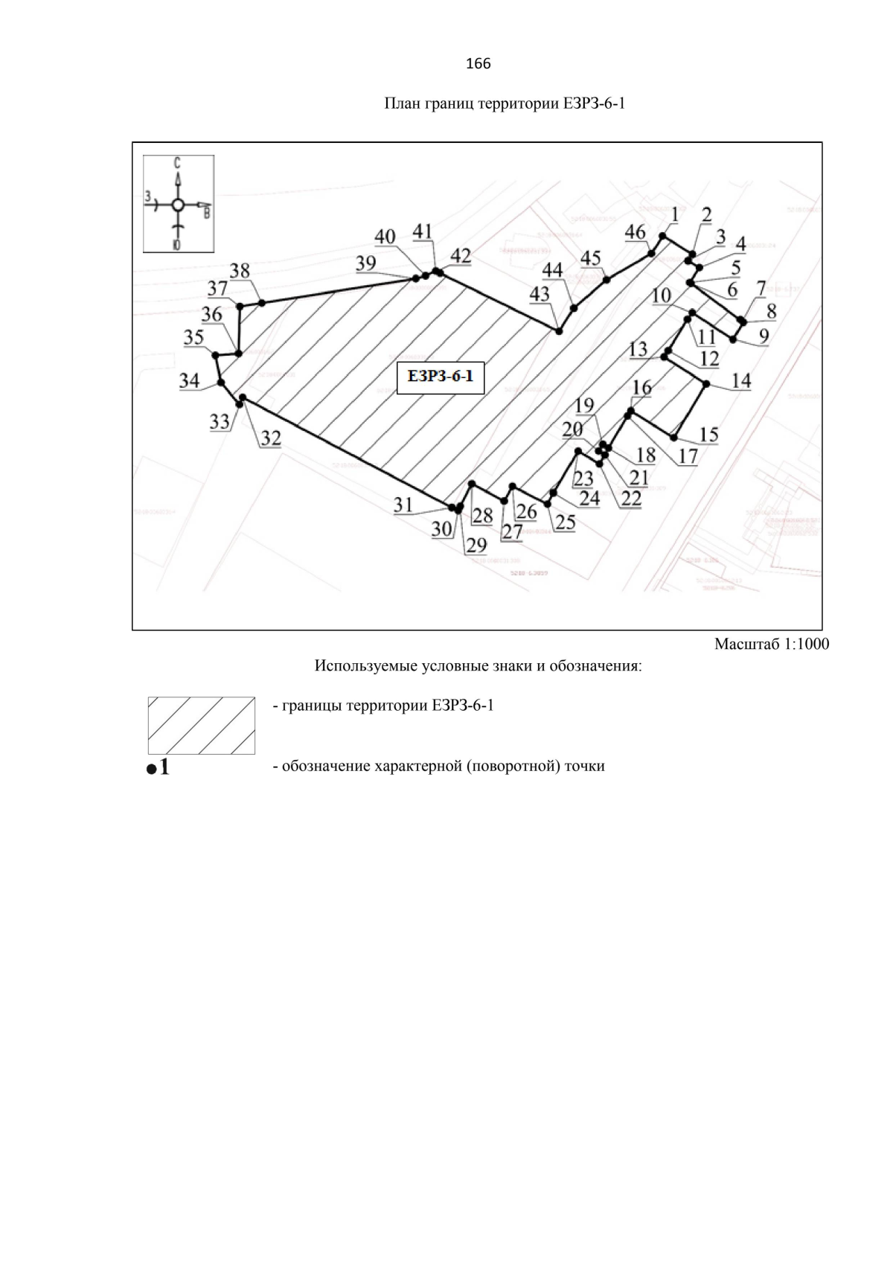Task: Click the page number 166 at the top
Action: coord(478,64)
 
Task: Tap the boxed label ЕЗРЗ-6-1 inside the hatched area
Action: coord(441,377)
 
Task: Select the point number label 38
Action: coord(240,271)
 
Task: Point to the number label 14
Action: coord(740,382)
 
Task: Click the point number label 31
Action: coord(403,505)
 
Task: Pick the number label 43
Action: coord(540,294)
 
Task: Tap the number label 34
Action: coord(190,380)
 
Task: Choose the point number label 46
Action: coord(635,232)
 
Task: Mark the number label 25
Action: coord(566,522)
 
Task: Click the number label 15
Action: coord(708,434)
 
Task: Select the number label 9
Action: coord(764,336)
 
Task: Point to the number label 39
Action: coord(365,263)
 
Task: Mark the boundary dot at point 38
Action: coord(262,303)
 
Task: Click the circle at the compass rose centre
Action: coord(177,205)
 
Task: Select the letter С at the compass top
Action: coord(177,162)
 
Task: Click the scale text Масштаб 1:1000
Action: coord(771,645)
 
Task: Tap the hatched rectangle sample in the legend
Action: coord(201,726)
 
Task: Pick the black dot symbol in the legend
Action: coord(151,769)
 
